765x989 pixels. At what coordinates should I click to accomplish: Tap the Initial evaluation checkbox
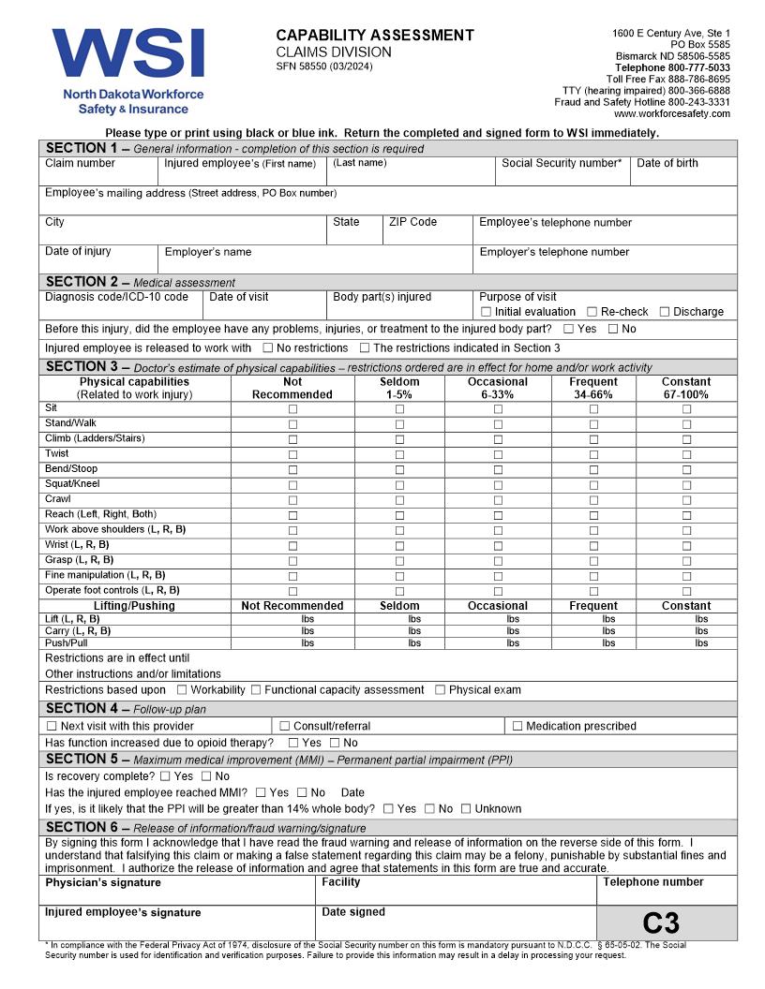pyautogui.click(x=486, y=312)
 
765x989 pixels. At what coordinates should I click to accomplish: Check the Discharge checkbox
pyautogui.click(x=665, y=312)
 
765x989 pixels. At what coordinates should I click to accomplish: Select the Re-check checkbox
pyautogui.click(x=592, y=312)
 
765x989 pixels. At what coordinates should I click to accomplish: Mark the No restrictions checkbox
pyautogui.click(x=268, y=348)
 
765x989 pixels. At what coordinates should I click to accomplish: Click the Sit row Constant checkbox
pyautogui.click(x=686, y=409)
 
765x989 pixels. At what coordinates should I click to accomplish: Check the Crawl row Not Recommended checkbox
pyautogui.click(x=292, y=500)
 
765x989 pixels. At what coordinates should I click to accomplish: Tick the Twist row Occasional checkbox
pyautogui.click(x=498, y=454)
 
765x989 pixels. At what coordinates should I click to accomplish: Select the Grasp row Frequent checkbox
pyautogui.click(x=593, y=561)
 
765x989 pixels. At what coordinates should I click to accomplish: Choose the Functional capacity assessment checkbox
pyautogui.click(x=256, y=690)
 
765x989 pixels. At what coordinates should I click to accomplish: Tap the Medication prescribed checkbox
pyautogui.click(x=517, y=726)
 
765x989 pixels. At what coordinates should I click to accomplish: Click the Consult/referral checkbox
pyautogui.click(x=284, y=726)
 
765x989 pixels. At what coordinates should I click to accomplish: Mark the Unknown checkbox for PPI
pyautogui.click(x=466, y=809)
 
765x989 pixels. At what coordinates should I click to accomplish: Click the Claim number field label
pyautogui.click(x=80, y=163)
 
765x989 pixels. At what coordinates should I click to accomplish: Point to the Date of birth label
pyautogui.click(x=667, y=163)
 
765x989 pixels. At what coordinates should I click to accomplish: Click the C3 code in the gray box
pyautogui.click(x=661, y=923)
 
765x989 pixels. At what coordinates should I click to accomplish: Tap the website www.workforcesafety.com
pyautogui.click(x=671, y=113)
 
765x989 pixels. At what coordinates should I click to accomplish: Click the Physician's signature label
pyautogui.click(x=103, y=882)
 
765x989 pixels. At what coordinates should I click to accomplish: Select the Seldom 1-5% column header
pyautogui.click(x=399, y=388)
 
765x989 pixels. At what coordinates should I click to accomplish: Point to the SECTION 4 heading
pyautogui.click(x=82, y=709)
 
